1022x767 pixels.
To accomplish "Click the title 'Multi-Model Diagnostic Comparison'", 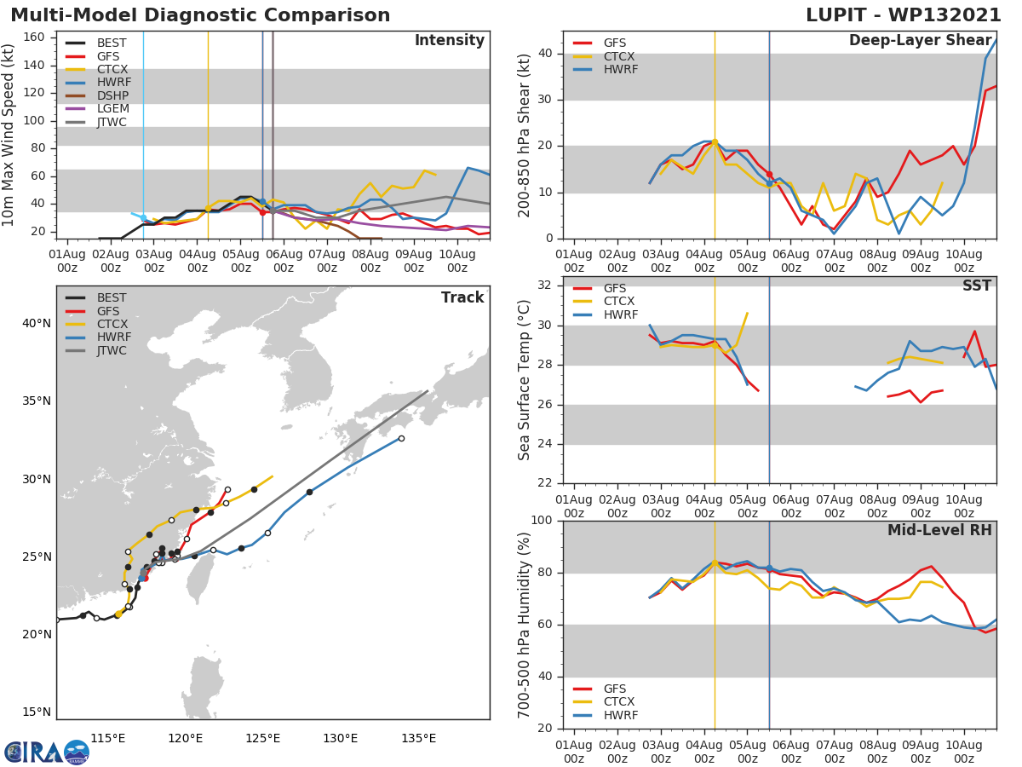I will click(200, 15).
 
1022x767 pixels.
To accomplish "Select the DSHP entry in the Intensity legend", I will click(112, 95).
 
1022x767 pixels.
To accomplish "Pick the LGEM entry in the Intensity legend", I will click(112, 109).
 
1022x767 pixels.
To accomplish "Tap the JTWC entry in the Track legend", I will click(112, 350).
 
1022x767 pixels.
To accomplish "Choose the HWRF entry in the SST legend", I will click(620, 314).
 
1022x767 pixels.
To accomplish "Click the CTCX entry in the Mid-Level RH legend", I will click(620, 702).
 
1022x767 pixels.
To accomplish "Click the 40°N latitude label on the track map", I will click(36, 323).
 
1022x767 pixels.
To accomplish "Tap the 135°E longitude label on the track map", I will click(418, 738).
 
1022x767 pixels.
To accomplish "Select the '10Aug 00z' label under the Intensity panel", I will click(456, 261).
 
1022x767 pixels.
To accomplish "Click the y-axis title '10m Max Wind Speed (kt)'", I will click(9, 135).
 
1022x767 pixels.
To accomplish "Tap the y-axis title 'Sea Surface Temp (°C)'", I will click(525, 379).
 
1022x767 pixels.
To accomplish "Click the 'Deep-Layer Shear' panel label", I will click(920, 41).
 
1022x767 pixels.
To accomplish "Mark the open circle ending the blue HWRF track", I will click(401, 438).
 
